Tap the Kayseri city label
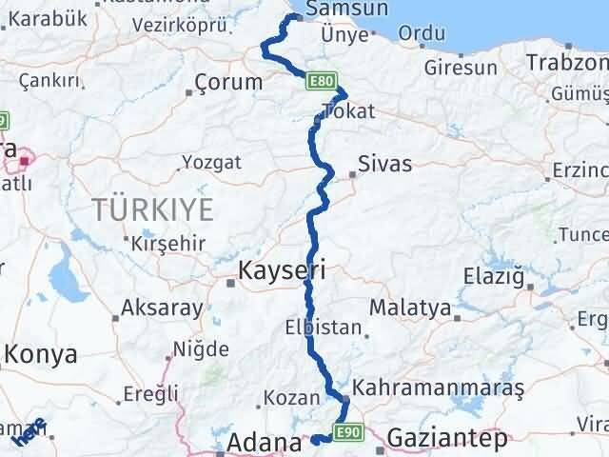click(x=284, y=271)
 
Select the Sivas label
click(x=385, y=164)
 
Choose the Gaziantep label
click(x=446, y=441)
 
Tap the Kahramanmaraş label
click(x=438, y=388)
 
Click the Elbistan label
click(x=323, y=328)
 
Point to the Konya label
click(x=40, y=354)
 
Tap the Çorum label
click(x=228, y=83)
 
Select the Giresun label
click(x=461, y=69)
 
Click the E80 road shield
click(x=322, y=83)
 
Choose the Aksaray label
click(x=162, y=308)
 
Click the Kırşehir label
click(x=168, y=244)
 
